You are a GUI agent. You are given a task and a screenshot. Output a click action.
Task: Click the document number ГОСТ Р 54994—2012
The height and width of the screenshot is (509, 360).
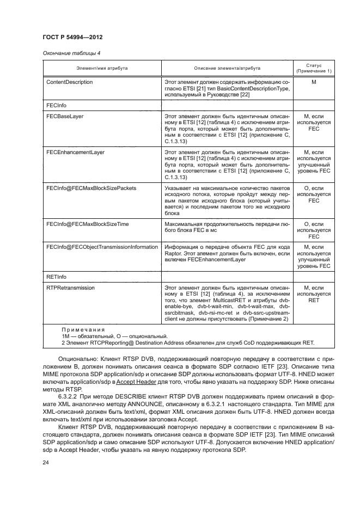pyautogui.click(x=72, y=37)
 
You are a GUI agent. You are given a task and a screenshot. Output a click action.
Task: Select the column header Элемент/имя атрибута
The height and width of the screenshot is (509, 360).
pyautogui.click(x=102, y=68)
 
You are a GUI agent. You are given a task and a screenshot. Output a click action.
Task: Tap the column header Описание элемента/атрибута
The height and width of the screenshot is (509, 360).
pyautogui.click(x=227, y=68)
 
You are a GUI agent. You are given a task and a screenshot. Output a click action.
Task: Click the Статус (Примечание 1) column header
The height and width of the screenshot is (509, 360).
pyautogui.click(x=313, y=68)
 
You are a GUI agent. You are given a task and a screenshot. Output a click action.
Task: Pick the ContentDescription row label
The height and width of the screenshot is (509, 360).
pyautogui.click(x=70, y=82)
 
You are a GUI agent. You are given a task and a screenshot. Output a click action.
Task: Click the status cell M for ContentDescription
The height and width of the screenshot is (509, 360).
pyautogui.click(x=313, y=82)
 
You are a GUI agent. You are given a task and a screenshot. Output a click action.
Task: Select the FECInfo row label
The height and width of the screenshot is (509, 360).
pyautogui.click(x=57, y=105)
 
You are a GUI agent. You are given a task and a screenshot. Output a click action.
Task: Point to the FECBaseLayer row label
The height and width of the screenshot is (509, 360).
pyautogui.click(x=65, y=116)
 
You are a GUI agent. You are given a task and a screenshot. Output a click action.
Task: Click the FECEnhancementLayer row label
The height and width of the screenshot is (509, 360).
pyautogui.click(x=75, y=152)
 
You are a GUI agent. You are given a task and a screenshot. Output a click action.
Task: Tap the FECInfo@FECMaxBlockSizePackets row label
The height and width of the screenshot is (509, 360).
pyautogui.click(x=91, y=188)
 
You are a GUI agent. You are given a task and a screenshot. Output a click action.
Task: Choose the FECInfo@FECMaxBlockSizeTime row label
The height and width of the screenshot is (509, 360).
pyautogui.click(x=87, y=224)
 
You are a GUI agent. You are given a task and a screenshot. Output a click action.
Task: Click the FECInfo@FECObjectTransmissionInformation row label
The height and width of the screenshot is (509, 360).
pyautogui.click(x=102, y=247)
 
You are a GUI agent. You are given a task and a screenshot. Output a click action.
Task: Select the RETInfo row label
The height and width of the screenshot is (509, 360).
pyautogui.click(x=57, y=277)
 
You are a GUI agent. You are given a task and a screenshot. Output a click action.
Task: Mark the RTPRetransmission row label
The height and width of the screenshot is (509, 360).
pyautogui.click(x=71, y=288)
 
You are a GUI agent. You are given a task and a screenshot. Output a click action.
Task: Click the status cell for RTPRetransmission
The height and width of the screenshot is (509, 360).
pyautogui.click(x=313, y=294)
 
